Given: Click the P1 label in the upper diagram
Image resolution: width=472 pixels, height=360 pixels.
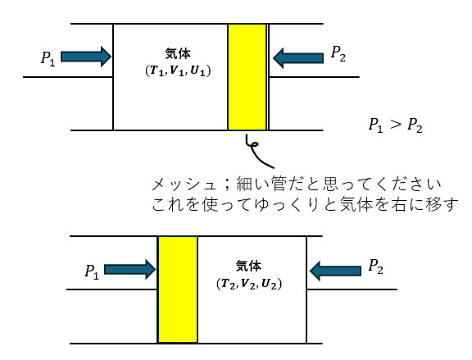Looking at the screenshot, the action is (48, 58).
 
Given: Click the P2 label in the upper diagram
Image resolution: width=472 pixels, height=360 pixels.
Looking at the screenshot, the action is (338, 54).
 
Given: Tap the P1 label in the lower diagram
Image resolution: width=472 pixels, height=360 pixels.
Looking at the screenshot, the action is (92, 272).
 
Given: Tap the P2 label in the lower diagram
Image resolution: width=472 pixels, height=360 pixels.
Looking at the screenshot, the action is (375, 267).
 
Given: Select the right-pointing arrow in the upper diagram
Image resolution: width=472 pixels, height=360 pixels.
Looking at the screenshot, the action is (86, 57).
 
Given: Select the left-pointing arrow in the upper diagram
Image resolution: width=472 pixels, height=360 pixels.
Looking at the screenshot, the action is (298, 58).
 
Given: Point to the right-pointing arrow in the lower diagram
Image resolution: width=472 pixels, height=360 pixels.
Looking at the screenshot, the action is (130, 269).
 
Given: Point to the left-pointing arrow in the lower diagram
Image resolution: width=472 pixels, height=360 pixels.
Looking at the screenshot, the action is (335, 271).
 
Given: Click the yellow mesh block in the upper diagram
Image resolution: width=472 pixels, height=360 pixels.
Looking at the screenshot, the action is (247, 77).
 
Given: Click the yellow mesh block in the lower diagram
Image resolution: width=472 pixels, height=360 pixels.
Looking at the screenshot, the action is (178, 289).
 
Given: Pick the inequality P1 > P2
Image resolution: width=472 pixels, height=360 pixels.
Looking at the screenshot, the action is (396, 125).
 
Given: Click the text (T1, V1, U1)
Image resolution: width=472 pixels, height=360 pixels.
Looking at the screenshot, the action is (178, 71).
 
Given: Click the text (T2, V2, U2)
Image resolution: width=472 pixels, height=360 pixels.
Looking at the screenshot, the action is (249, 284).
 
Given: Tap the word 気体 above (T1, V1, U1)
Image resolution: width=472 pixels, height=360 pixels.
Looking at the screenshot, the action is (178, 54).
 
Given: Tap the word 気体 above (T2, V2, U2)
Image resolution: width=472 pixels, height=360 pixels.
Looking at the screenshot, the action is (248, 267).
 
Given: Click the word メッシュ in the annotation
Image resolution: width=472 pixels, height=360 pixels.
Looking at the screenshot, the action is (184, 185).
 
